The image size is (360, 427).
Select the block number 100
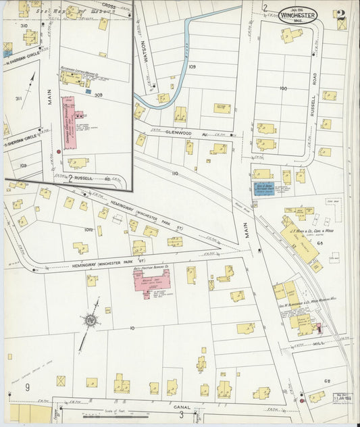tap(282, 89)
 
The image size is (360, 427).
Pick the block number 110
tap(175, 174)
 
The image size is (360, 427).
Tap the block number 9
tap(28, 387)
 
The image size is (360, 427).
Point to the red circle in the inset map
tap(59, 152)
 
